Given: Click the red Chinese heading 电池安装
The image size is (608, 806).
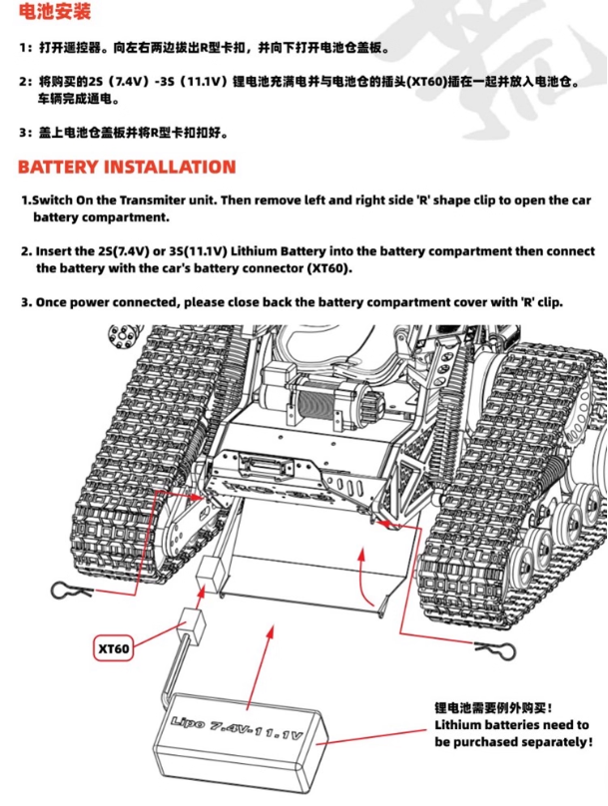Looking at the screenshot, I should pos(55,14).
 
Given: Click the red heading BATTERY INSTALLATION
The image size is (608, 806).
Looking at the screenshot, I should pos(127,167).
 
